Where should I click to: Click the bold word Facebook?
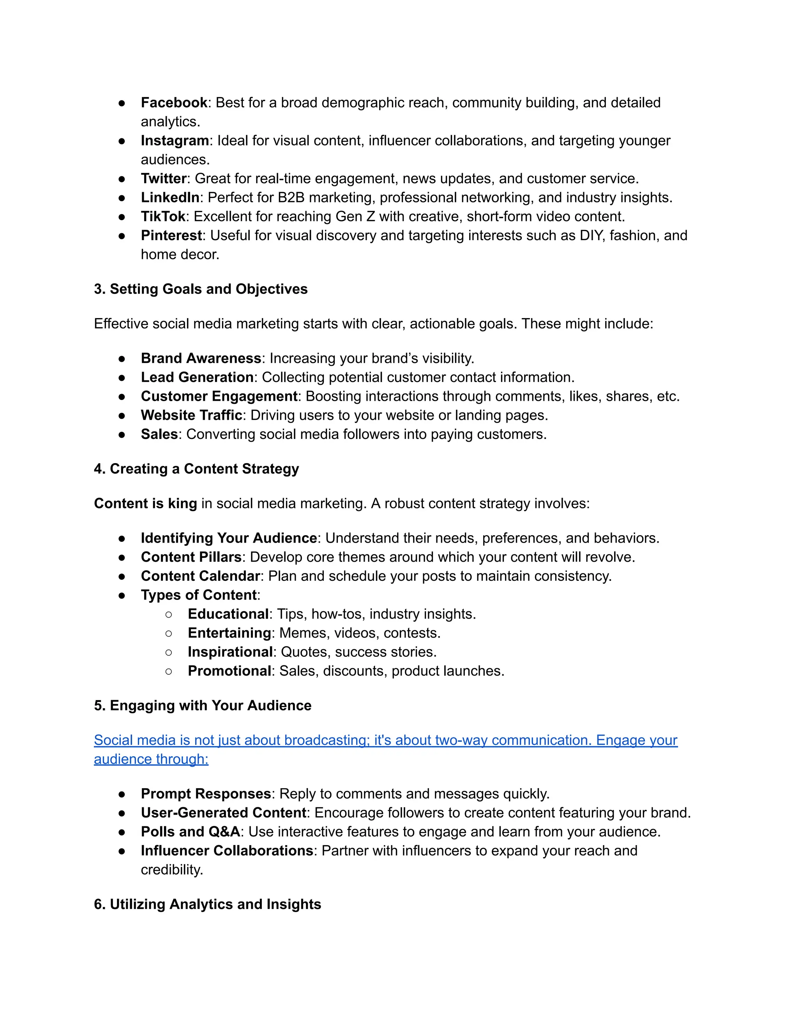point(174,103)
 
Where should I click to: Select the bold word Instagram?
point(175,140)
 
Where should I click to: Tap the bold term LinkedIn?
point(170,197)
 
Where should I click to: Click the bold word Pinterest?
point(171,235)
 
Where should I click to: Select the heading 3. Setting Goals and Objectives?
point(200,289)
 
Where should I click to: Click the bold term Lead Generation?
point(197,377)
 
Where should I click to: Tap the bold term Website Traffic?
point(191,415)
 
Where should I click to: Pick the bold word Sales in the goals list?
point(159,434)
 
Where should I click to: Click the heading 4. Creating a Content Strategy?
point(196,469)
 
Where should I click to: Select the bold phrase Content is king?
point(145,503)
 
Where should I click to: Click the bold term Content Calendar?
point(200,576)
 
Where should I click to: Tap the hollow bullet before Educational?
point(169,614)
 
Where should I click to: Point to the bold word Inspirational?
point(230,652)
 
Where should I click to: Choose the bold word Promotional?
point(229,671)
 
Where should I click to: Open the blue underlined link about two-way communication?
point(385,740)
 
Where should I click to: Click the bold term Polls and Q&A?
point(191,831)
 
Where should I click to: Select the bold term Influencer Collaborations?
point(227,851)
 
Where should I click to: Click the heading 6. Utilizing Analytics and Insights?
point(207,904)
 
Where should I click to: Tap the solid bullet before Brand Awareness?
point(122,359)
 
